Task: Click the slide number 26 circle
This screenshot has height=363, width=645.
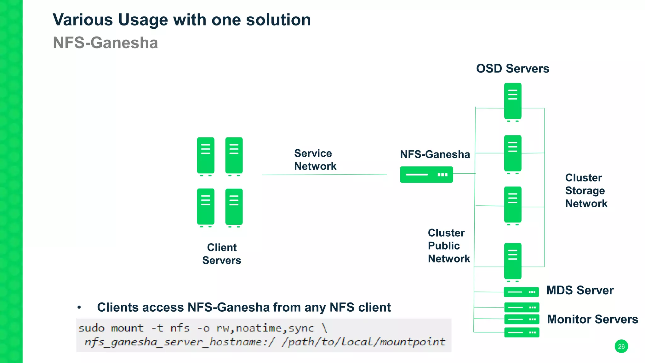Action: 621,346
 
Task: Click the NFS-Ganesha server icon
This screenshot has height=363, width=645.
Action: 426,175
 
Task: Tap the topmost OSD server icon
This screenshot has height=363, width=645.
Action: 513,101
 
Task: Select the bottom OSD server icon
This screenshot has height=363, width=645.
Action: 513,261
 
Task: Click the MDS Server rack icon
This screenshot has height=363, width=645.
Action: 521,292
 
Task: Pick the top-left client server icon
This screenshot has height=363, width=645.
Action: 206,156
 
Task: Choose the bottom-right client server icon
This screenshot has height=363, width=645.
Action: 234,207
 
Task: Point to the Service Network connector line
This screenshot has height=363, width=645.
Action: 324,175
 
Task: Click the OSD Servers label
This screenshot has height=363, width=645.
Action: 512,69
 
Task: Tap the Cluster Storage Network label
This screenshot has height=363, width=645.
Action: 586,191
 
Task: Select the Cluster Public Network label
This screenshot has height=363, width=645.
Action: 448,246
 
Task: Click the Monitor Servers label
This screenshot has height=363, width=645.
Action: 592,319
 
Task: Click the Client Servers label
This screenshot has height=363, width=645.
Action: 222,254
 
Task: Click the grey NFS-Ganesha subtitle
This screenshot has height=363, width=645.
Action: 105,43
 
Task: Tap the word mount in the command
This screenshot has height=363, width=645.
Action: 127,328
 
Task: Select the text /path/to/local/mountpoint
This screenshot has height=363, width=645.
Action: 363,342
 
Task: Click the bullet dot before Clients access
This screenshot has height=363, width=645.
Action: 79,307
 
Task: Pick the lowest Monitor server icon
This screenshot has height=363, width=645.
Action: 522,332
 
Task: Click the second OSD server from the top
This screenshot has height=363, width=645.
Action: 513,153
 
